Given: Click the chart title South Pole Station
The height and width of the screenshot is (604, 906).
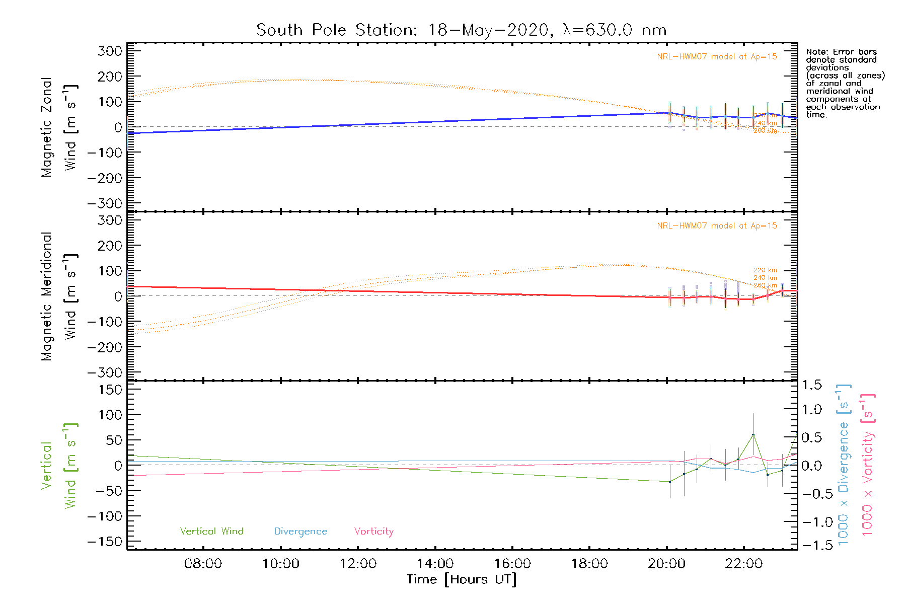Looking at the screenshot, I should click(x=461, y=30).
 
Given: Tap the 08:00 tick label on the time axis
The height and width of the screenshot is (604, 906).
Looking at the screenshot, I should click(x=203, y=564).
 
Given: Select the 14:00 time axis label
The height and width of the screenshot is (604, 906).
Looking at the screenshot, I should click(x=435, y=564).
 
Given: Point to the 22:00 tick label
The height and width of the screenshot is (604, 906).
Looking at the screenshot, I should click(x=743, y=564).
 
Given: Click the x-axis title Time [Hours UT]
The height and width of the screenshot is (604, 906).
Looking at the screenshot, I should click(x=461, y=579).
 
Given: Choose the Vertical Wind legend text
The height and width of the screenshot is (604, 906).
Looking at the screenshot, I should click(x=211, y=532).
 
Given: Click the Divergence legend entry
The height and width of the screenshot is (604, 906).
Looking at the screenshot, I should click(x=300, y=532).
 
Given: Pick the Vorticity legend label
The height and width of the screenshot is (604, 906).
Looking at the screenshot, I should click(x=373, y=532).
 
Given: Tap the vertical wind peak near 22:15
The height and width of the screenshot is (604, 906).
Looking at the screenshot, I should click(x=753, y=434).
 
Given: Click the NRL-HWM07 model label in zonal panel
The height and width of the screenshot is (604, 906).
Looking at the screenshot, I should click(x=717, y=57).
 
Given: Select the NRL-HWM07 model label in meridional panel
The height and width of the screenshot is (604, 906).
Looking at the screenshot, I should click(x=717, y=226).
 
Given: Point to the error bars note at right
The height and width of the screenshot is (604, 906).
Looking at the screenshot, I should click(x=845, y=83).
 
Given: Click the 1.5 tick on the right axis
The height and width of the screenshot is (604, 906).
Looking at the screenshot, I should click(x=811, y=385).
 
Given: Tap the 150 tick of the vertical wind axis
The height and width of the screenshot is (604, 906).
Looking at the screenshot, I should click(x=110, y=390).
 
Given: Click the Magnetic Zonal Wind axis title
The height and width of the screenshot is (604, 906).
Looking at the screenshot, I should click(x=58, y=127).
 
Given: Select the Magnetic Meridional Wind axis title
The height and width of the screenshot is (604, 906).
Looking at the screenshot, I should click(x=58, y=296).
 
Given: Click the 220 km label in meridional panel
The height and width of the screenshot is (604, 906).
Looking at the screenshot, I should click(x=765, y=270).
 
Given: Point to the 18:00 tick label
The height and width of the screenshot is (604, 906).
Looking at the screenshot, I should click(x=589, y=564).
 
